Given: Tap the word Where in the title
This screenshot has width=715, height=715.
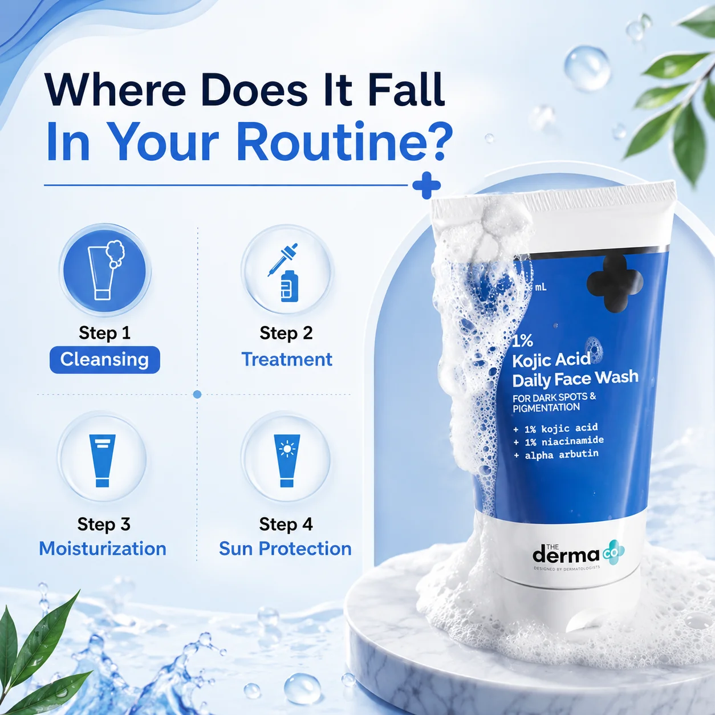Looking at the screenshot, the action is point(115,90).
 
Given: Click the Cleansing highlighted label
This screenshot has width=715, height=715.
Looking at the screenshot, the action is point(105,360).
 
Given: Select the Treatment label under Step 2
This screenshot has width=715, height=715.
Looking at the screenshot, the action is point(286,359).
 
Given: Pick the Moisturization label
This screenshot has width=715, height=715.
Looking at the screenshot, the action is point(103,549).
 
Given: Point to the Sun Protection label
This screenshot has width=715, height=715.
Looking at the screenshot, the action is point(285,549).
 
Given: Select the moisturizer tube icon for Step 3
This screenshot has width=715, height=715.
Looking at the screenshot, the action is point(103,461).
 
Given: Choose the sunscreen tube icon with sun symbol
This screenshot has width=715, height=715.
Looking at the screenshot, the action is point(287,461).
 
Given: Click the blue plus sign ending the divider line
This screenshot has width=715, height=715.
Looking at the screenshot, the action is point(426,185).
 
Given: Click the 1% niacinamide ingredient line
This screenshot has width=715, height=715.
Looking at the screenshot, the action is point(558,441).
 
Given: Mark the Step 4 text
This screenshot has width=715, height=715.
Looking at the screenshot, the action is point(286,525).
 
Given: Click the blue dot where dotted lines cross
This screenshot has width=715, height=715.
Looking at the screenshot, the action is point(197,395).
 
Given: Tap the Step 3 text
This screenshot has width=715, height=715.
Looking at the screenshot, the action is point(104,525).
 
